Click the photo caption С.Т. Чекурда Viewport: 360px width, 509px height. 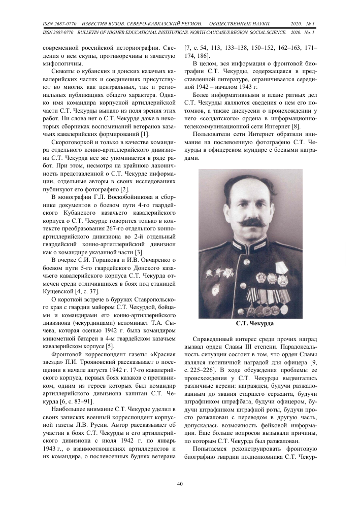[250, 323]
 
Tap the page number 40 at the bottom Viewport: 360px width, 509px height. [180, 484]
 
